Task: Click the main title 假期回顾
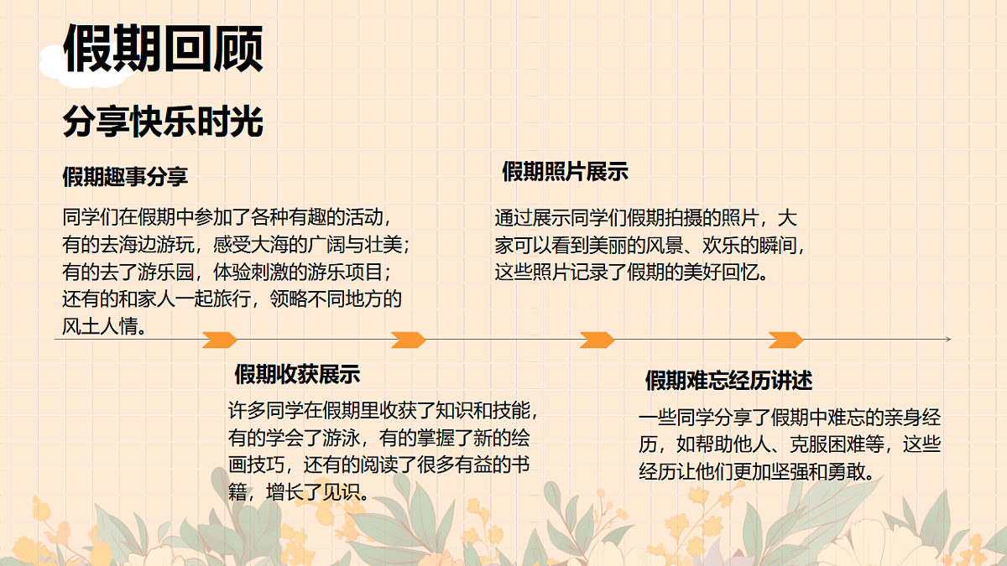coord(163,49)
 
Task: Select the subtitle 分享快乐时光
coord(163,122)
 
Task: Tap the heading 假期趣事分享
coord(125,177)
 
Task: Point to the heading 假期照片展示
coord(565,172)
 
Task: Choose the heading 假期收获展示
coord(297,374)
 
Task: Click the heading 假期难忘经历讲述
coord(728,381)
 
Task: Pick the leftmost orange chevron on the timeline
coord(220,340)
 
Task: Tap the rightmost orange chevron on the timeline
coord(785,340)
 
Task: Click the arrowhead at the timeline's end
coord(948,339)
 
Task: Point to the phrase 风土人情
coord(100,326)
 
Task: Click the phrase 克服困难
coord(827,444)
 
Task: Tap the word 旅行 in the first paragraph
coord(232,299)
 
